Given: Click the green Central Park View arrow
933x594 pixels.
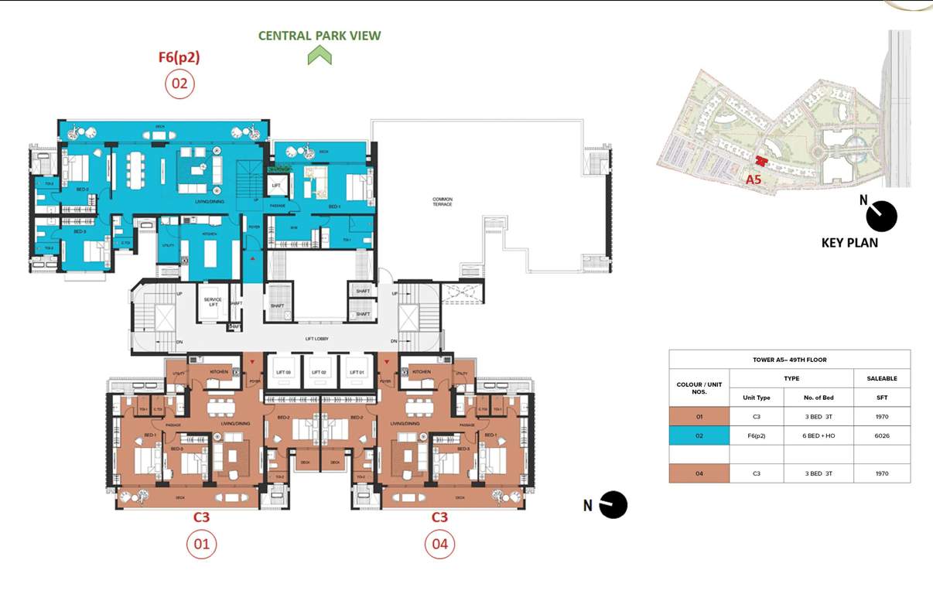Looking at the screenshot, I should coord(320,55).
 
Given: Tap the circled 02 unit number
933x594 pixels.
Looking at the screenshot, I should coord(179,84).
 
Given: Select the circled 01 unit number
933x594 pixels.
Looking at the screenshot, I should coord(201,544).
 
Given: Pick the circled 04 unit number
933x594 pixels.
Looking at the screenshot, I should coord(439,544).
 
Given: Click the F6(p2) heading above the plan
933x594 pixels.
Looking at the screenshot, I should coord(179,56).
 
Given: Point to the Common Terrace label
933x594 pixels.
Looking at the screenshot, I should coord(443,202).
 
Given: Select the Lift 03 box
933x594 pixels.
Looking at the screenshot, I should coord(284,373).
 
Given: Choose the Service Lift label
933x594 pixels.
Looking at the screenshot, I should coord(213,302).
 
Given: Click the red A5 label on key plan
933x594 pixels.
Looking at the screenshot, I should coord(754,179).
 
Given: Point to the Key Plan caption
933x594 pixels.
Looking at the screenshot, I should coord(849,243).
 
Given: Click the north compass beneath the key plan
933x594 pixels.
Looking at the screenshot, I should coord(880,217).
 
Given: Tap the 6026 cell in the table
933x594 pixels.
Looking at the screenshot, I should coord(881,435).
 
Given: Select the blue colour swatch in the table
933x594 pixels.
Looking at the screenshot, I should coord(699,435).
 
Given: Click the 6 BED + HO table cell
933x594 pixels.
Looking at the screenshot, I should coord(819,435).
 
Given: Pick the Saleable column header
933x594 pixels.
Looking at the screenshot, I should coord(881,378).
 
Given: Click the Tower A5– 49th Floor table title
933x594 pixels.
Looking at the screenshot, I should coord(789,360).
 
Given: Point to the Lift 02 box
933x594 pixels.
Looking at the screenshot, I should coord(320,373).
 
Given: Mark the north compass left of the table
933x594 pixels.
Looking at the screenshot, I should coord(613,505).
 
